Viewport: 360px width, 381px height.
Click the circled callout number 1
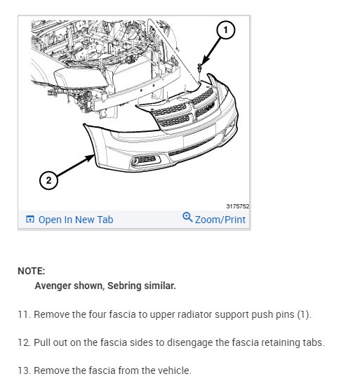click(x=225, y=30)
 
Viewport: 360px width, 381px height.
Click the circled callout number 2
click(x=48, y=180)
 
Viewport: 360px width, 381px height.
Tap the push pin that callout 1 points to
click(x=199, y=68)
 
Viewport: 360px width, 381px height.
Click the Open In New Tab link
click(x=76, y=220)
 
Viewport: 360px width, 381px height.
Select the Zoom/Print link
click(x=220, y=220)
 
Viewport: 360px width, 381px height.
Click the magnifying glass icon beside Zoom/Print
click(x=187, y=217)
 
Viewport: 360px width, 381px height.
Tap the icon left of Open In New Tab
click(x=30, y=219)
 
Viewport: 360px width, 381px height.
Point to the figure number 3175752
click(x=237, y=206)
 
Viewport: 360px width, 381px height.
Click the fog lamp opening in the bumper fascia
click(x=145, y=161)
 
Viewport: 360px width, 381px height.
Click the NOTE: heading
click(x=32, y=271)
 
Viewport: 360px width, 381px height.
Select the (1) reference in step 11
click(x=304, y=314)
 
